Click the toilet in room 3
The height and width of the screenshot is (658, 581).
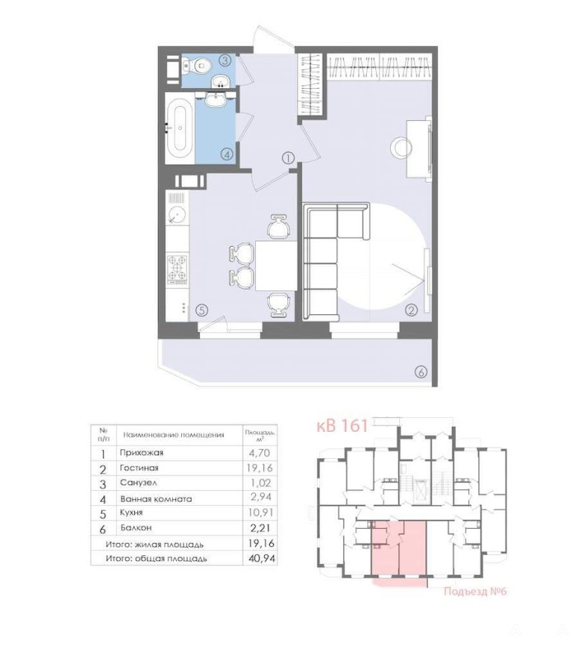click(x=197, y=66)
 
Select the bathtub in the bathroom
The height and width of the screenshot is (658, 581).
click(x=179, y=127)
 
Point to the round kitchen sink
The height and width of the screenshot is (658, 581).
click(x=177, y=215)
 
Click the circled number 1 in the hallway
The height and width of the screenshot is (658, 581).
click(x=288, y=158)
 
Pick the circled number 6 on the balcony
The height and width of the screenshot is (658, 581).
click(x=421, y=372)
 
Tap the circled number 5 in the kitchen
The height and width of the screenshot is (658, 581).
click(x=202, y=310)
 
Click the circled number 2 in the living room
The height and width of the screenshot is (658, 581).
click(x=411, y=310)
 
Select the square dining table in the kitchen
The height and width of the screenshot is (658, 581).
click(x=277, y=266)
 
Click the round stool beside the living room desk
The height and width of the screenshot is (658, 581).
click(x=402, y=148)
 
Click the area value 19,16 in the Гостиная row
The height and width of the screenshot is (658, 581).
click(x=261, y=467)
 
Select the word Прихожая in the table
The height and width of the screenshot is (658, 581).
click(x=142, y=453)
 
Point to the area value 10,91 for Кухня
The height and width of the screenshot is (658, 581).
click(x=261, y=512)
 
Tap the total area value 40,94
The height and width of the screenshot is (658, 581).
click(x=261, y=558)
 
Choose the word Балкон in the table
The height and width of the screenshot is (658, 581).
click(x=136, y=527)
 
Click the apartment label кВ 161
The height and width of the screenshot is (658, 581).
click(x=342, y=425)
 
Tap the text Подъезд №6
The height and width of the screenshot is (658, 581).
click(x=475, y=591)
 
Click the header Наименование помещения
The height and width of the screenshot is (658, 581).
click(x=174, y=435)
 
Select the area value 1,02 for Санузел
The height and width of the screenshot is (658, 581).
click(x=261, y=483)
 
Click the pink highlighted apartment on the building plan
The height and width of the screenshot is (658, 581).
click(x=399, y=549)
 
